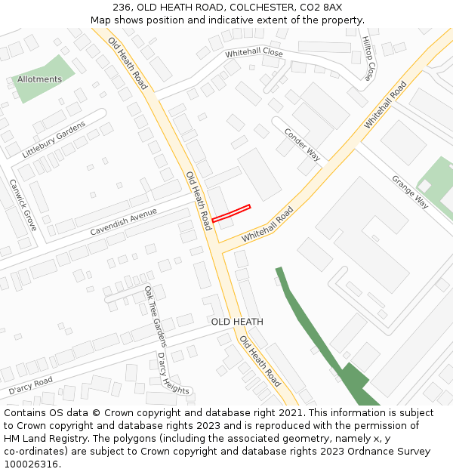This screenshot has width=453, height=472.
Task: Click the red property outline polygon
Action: (231, 213)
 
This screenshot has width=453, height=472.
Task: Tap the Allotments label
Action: (39, 79)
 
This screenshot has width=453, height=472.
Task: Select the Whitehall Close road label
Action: (254, 54)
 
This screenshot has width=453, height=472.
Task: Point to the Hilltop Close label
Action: (368, 58)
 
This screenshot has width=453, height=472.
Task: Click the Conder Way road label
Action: (302, 144)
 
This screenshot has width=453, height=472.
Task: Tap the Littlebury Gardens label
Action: (54, 139)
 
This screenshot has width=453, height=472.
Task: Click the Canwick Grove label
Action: (23, 204)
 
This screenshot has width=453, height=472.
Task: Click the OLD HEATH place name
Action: (237, 322)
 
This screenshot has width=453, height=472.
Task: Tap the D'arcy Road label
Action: (30, 386)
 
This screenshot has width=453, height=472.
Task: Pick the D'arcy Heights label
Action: (173, 373)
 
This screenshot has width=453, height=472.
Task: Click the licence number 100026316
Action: (32, 464)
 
